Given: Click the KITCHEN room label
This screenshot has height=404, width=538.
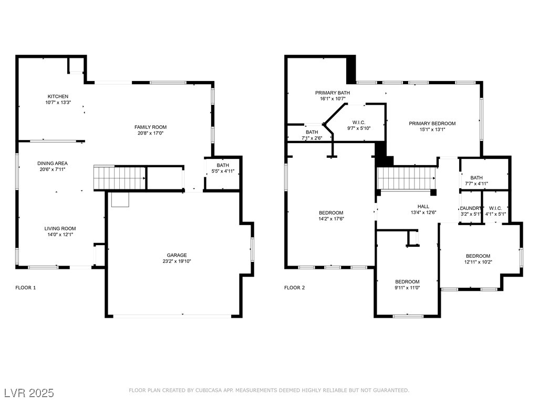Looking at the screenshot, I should tap(58, 96).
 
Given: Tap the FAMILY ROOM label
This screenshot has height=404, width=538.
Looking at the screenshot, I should tap(150, 127).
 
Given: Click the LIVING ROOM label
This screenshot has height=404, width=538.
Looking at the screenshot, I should tap(60, 228).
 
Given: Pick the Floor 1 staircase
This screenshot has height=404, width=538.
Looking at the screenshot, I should tap(120, 177).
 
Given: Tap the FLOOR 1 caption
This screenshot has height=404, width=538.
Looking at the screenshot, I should tap(26, 288).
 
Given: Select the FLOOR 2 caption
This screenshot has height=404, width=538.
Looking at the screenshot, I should tap(294, 288).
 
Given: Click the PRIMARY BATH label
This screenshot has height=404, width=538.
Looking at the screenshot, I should tap(333, 93).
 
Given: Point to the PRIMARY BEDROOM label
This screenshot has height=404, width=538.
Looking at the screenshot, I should tap(432, 123).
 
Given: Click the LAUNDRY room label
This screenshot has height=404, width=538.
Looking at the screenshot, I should tap(471, 208).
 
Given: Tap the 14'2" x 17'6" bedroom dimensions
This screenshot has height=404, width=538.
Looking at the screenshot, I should tap(331, 219).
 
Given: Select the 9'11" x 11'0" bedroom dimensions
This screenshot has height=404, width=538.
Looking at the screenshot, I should tap(407, 288).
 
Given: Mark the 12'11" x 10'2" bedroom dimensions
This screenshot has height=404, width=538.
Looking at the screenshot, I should tap(478, 262).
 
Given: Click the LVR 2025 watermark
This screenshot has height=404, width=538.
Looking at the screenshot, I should tap(29, 393).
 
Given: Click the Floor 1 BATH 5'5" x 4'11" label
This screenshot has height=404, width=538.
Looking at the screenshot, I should tap(223, 171).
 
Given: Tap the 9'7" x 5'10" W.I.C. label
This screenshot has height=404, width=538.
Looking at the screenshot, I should tap(359, 128).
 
